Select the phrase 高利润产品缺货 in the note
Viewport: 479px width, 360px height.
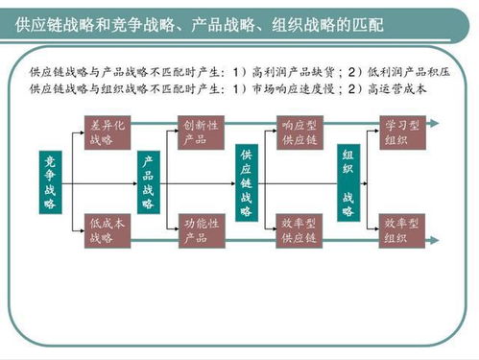294,73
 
